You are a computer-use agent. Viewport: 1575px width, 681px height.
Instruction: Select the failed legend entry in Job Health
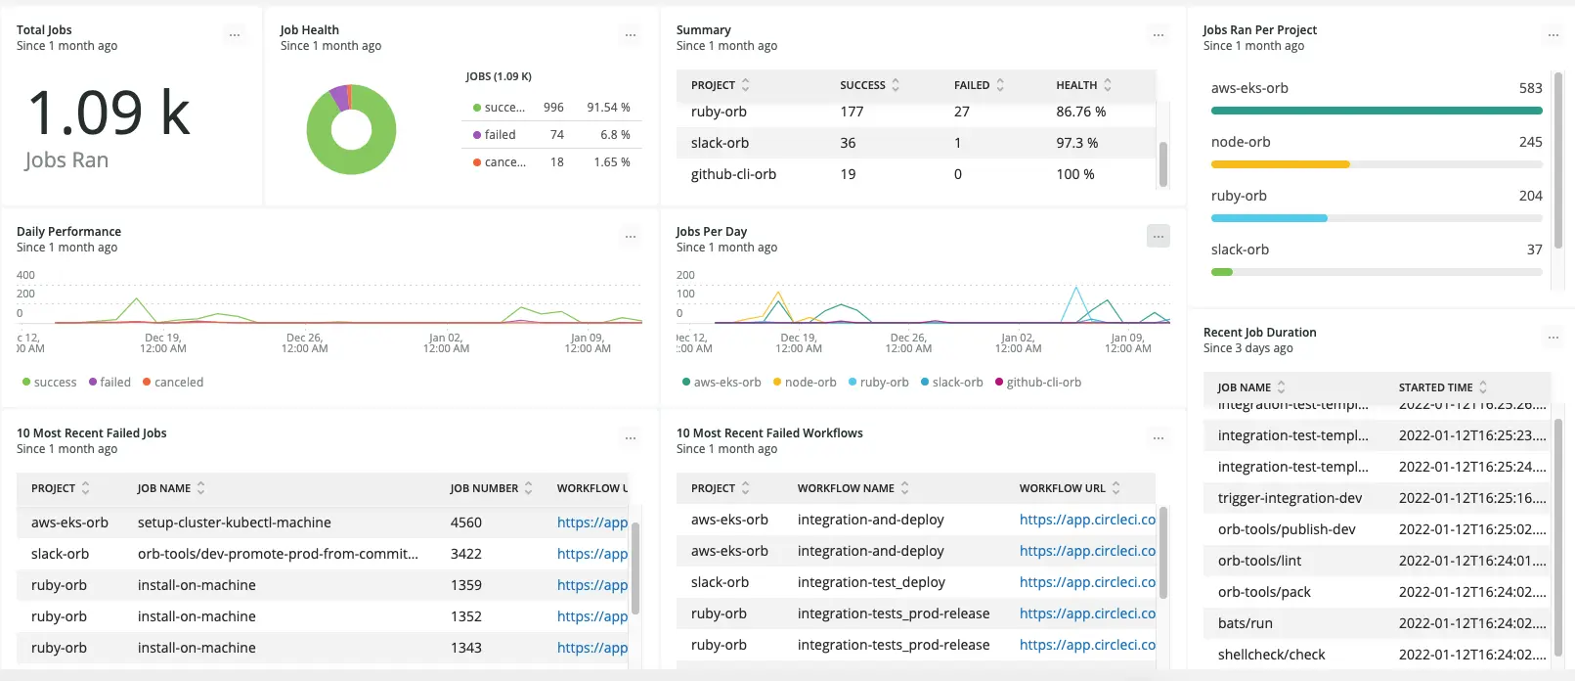(x=500, y=135)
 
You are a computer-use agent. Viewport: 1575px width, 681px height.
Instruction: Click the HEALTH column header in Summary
(x=1076, y=85)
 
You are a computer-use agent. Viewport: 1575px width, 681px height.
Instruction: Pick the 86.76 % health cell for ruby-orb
(x=1080, y=112)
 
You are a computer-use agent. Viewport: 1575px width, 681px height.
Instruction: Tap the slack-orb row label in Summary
(x=720, y=143)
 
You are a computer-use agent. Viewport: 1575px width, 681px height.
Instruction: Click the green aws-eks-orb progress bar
(x=1376, y=111)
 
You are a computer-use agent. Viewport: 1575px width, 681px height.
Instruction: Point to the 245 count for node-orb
(x=1530, y=142)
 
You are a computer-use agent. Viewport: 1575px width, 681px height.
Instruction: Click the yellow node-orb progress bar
(x=1280, y=164)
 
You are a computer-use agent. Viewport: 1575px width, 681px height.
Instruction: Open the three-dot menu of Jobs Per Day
(x=1158, y=236)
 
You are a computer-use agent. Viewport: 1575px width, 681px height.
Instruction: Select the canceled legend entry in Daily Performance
(x=178, y=383)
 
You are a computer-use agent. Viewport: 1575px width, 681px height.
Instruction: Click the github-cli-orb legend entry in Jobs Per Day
(x=1043, y=383)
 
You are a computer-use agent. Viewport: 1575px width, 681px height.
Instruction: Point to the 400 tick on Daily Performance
(x=25, y=275)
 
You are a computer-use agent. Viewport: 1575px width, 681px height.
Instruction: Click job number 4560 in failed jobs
(x=465, y=522)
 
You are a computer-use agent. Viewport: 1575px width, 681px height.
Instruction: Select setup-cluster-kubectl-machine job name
(x=234, y=522)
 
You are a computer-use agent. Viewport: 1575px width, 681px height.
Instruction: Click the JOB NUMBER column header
(x=484, y=488)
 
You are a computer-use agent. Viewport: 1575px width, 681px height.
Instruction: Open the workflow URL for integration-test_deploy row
(x=1086, y=582)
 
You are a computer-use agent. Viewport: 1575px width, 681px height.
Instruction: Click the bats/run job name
(x=1245, y=623)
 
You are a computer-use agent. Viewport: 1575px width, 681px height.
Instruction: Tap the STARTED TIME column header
(x=1435, y=387)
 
